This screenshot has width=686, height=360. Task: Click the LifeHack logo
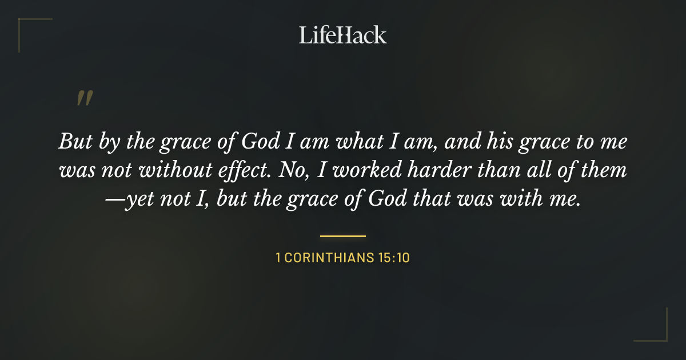[343, 35]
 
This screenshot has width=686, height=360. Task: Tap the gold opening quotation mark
[84, 98]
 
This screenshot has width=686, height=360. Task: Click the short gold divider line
[343, 235]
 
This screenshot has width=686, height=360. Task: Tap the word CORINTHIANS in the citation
[328, 258]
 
